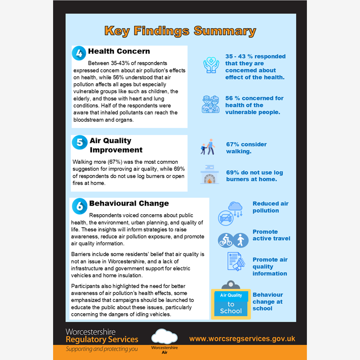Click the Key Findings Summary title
(180, 31)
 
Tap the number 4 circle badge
(79, 53)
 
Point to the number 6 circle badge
(79, 205)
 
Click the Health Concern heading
(119, 51)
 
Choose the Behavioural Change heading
(129, 203)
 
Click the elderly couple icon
(211, 104)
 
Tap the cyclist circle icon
(225, 240)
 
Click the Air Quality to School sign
(231, 304)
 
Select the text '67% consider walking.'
(246, 148)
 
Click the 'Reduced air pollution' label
(270, 207)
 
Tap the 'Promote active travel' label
(271, 235)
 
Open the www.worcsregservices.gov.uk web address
(242, 339)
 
